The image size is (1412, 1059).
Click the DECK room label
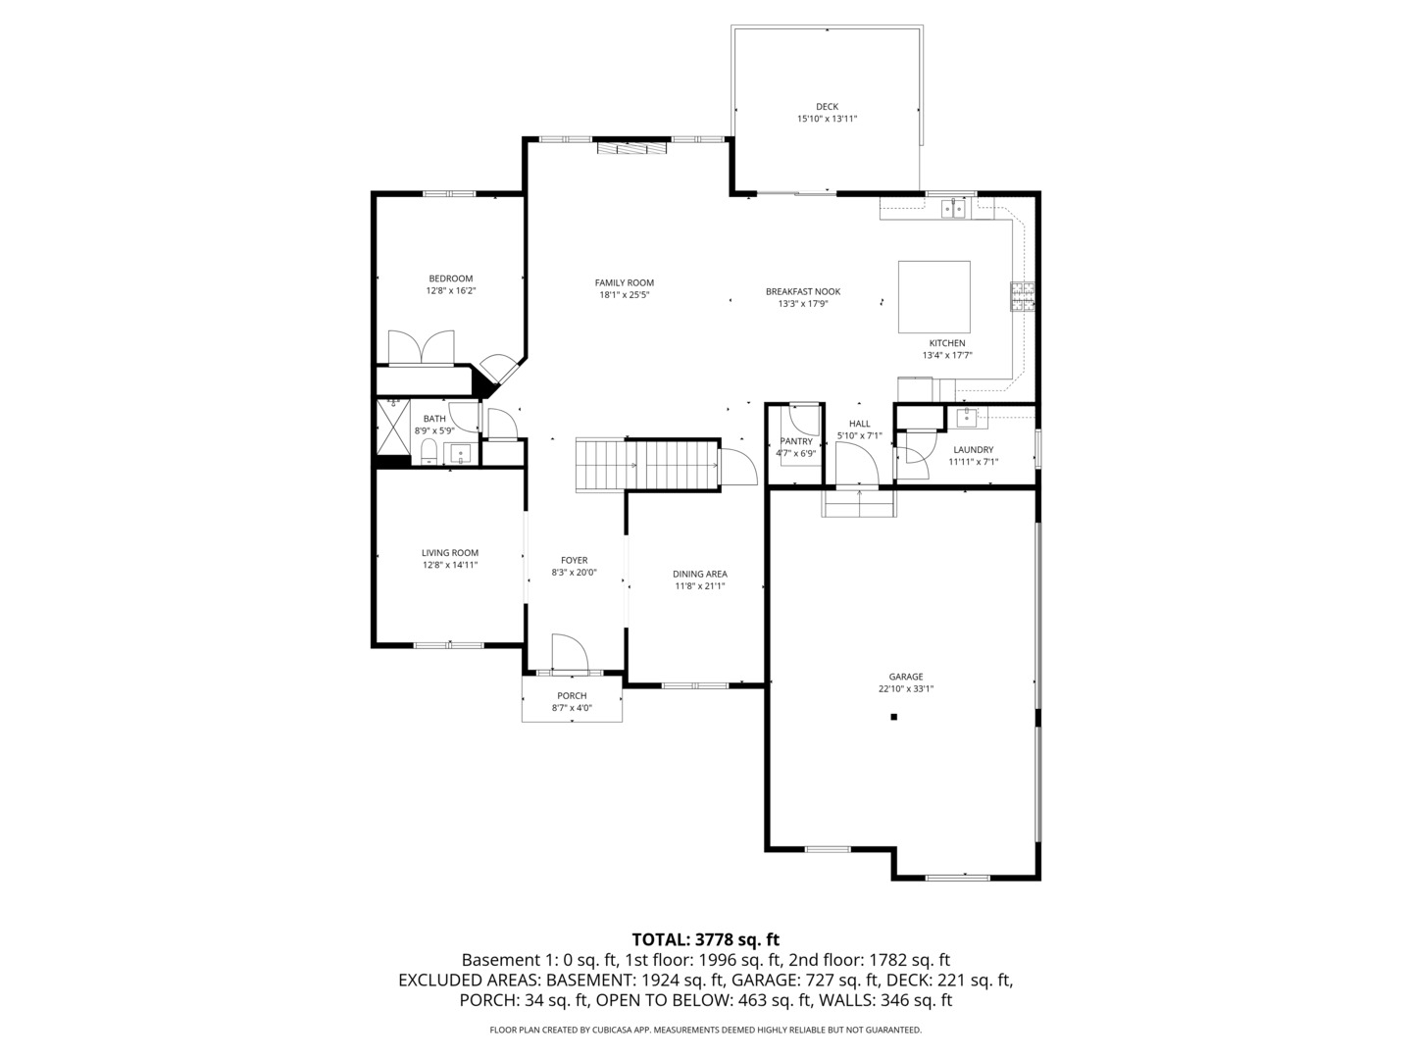827,107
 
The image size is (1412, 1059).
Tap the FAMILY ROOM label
624,283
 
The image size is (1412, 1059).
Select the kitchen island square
934,298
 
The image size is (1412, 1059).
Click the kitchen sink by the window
953,208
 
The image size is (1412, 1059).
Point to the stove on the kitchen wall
1023,296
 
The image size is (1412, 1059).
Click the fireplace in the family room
632,148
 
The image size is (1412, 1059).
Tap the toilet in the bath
429,452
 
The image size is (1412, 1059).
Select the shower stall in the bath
394,430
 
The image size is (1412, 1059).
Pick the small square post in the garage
893,718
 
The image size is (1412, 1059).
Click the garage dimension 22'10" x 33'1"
905,689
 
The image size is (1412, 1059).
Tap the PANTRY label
795,441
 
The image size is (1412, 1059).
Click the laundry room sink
967,418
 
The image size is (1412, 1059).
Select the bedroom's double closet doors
422,349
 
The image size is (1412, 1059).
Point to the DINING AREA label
699,574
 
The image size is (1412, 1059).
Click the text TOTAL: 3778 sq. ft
705,939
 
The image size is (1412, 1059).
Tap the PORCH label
572,696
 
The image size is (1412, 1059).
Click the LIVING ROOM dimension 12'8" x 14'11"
450,565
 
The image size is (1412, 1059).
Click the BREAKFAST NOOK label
802,291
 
